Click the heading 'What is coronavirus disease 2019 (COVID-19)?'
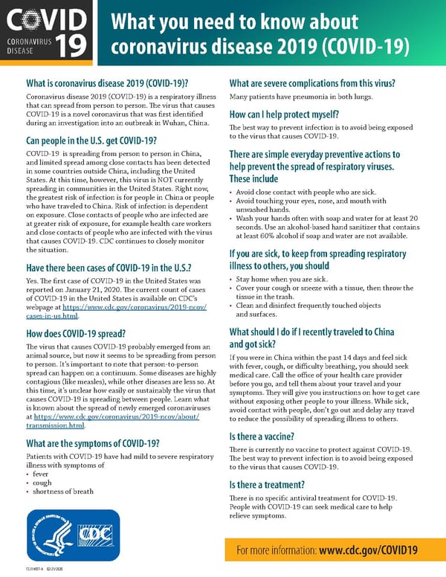[x=106, y=83]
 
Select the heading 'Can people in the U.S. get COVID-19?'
[x=91, y=141]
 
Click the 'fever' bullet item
[x=40, y=473]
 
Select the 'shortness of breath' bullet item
[x=63, y=491]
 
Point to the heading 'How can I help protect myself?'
[x=284, y=115]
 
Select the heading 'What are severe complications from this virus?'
[x=312, y=83]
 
